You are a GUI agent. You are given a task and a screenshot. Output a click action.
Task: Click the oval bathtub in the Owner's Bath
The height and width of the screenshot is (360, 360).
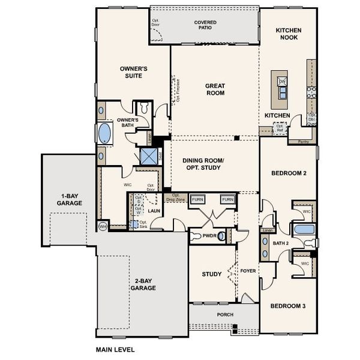105,132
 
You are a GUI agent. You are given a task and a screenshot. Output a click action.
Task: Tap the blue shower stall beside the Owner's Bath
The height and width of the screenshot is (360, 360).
148,156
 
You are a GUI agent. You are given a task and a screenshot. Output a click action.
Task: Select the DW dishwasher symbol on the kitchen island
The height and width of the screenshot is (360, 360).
282,81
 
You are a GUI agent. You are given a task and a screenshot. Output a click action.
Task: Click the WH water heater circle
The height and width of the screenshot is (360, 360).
103,226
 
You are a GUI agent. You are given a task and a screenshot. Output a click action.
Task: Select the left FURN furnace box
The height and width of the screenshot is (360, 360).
197,200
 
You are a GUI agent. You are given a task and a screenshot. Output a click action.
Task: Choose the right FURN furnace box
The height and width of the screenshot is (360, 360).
227,200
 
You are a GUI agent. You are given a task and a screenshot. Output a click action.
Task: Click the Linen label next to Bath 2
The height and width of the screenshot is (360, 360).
268,230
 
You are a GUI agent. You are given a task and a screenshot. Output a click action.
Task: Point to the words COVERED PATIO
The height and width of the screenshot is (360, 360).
205,25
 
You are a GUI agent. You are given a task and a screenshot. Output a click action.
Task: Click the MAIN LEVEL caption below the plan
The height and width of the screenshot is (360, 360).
115,349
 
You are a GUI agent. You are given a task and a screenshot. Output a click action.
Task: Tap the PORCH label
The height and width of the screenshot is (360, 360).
225,314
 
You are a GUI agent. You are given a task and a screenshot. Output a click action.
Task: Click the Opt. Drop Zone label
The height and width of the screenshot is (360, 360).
176,197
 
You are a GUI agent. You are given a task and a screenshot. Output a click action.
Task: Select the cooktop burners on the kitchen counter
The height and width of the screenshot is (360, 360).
311,92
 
